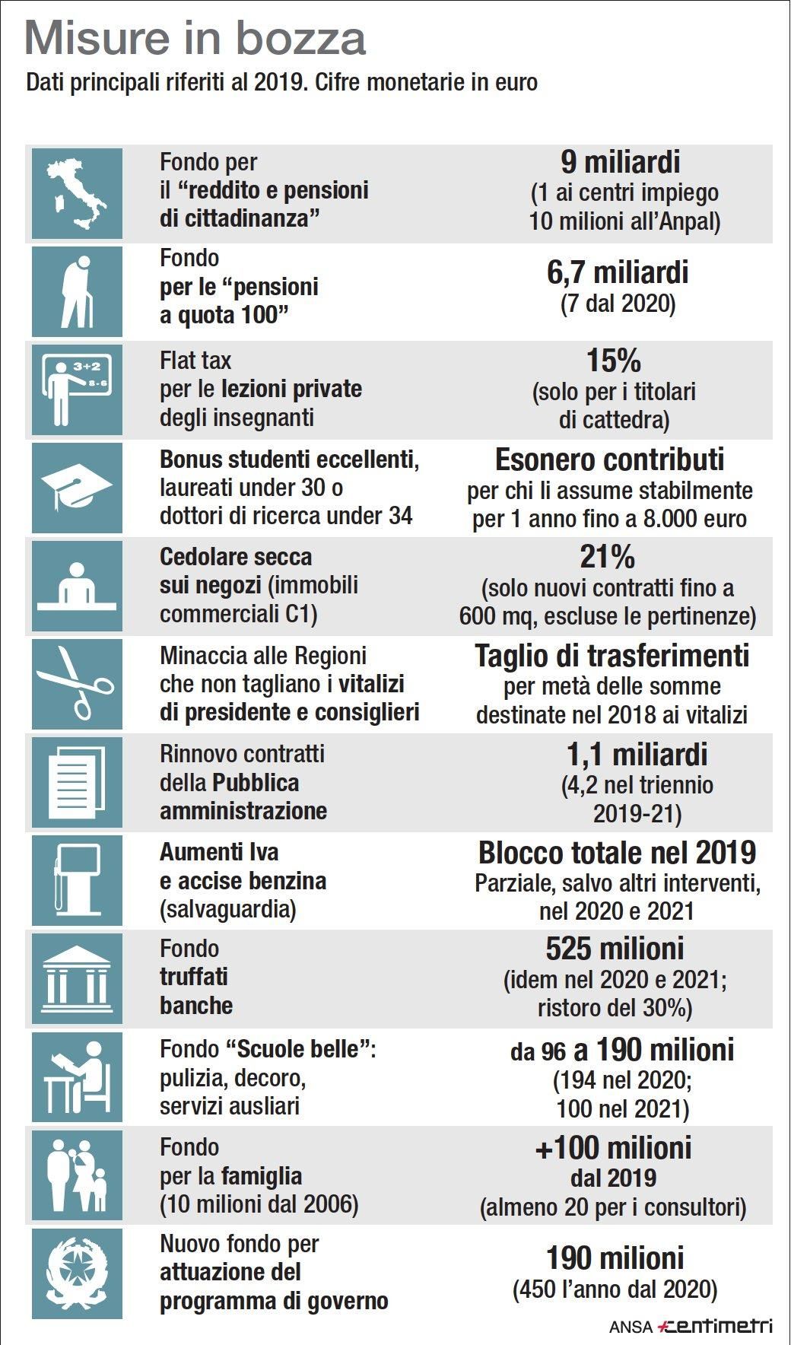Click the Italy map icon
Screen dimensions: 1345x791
pos(77,193)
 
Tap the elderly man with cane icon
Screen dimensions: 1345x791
pos(77,291)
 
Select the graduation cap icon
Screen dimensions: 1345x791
pos(77,488)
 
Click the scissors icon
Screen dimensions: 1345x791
pos(77,684)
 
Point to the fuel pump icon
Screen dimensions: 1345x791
pos(77,880)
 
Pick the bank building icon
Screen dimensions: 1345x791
pos(77,978)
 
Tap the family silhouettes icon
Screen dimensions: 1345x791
pos(77,1175)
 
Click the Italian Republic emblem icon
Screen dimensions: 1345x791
pos(77,1273)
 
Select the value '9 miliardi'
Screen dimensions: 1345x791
pos(621,162)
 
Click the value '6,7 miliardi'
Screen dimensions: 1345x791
pos(618,272)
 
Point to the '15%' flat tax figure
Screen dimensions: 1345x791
pos(614,361)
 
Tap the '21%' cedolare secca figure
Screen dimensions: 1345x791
pos(607,557)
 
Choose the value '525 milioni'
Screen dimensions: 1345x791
pos(615,949)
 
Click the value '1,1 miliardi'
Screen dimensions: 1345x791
pos(637,754)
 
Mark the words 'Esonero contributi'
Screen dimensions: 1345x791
pos(610,459)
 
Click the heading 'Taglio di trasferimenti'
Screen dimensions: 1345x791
pos(612,656)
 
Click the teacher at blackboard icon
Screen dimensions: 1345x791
pos(77,390)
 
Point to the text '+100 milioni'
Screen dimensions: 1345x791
pos(613,1147)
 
